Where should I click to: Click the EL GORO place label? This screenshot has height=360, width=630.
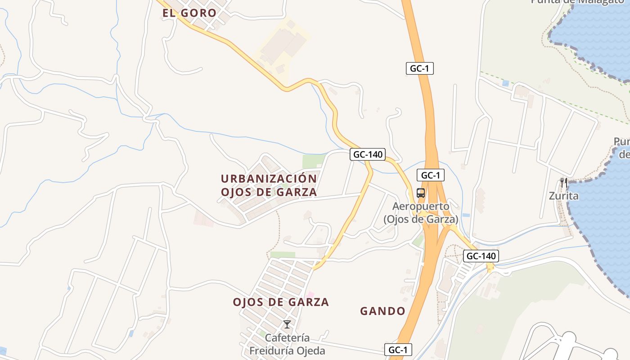[189, 13]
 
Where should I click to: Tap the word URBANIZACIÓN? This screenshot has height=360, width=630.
[269, 179]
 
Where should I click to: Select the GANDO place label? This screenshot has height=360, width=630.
[383, 311]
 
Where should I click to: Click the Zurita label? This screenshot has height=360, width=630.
[563, 196]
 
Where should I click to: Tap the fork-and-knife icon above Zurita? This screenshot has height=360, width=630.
[563, 183]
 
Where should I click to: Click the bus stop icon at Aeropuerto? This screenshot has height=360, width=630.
[420, 193]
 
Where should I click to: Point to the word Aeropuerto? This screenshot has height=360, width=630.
[421, 207]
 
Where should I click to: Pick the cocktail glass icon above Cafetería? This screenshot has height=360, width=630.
[287, 324]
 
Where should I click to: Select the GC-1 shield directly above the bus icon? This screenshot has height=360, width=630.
[431, 175]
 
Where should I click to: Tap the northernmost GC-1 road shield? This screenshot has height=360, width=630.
[419, 68]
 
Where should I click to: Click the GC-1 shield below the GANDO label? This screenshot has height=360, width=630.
[398, 350]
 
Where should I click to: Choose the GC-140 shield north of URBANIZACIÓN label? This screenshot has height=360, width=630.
[368, 154]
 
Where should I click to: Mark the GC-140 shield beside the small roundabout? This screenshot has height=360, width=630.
[481, 256]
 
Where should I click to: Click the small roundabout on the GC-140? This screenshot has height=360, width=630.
[490, 267]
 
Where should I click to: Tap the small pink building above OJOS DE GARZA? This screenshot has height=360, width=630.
[310, 295]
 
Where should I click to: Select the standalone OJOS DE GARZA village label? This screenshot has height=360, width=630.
[281, 302]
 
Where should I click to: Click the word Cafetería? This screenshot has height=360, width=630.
[287, 337]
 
